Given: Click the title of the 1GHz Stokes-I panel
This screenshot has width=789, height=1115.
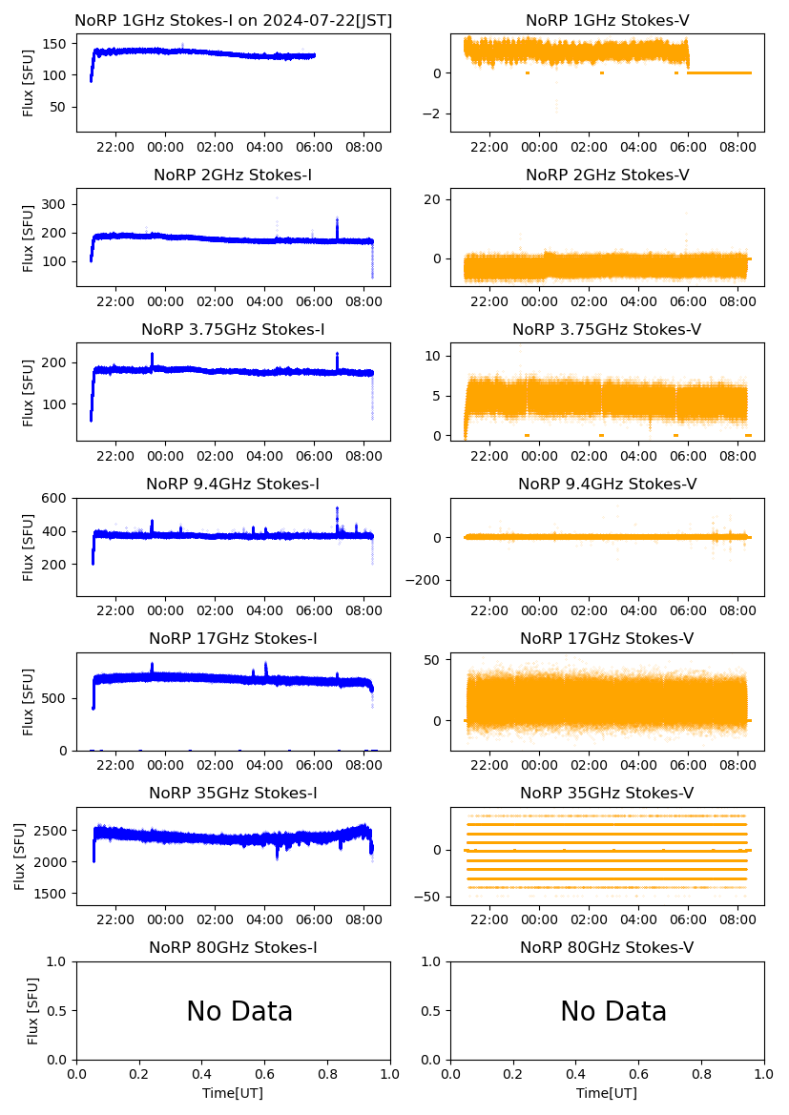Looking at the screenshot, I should tap(233, 20).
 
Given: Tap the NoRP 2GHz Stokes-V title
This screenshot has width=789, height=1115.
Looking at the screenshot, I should tap(607, 175).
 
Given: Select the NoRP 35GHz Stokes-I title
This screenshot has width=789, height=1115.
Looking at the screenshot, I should tap(233, 793).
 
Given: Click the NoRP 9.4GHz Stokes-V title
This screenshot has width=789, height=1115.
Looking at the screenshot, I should tap(607, 484).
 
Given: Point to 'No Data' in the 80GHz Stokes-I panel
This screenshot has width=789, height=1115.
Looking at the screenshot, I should tap(239, 1011).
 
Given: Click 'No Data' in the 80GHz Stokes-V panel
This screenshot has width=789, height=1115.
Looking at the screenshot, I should tap(613, 1011).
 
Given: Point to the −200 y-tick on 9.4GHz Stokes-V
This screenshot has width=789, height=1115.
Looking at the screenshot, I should tap(427, 580).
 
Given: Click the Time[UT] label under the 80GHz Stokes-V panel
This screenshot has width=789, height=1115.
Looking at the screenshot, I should tap(607, 1093).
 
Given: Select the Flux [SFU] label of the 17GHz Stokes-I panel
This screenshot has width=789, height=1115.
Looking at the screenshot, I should tap(29, 701).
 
